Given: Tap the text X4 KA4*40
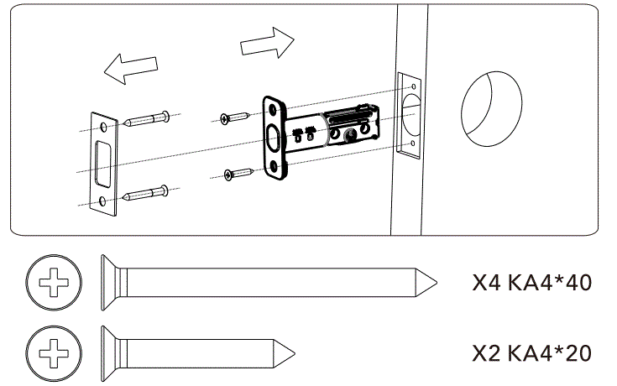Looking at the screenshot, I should click(x=532, y=282).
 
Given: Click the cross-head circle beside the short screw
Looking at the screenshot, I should click(x=55, y=350).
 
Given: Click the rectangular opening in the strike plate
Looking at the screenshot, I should click(x=102, y=163).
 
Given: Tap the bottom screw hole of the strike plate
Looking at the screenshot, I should click(x=102, y=201).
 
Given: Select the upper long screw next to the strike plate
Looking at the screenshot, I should click(x=148, y=118).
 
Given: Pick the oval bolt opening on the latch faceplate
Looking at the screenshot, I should click(x=274, y=137).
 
